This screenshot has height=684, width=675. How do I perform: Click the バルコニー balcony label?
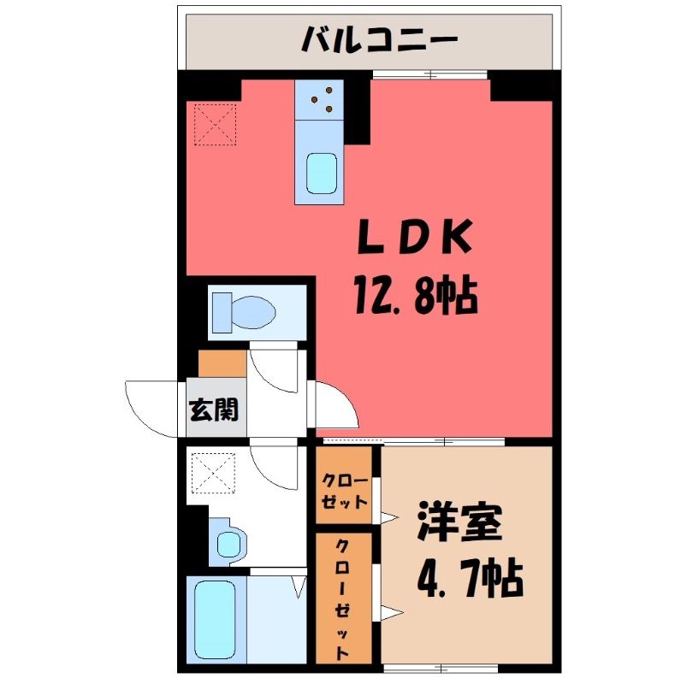[x=379, y=38]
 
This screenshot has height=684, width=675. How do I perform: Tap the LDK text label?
[x=415, y=237]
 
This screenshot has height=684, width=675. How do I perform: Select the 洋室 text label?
[x=459, y=521]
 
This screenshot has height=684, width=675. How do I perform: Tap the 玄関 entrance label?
[x=214, y=410]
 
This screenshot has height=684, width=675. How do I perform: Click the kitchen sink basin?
[x=322, y=174]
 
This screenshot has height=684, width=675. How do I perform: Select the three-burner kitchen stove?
[x=319, y=100]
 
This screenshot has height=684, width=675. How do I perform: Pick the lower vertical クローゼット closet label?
[x=343, y=599]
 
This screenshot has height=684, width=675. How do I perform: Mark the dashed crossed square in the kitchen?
[x=216, y=124]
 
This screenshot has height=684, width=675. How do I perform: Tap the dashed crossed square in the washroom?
[x=214, y=473]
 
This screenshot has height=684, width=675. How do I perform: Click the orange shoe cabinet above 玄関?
[x=222, y=363]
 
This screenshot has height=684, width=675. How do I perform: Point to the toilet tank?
[x=222, y=312]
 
